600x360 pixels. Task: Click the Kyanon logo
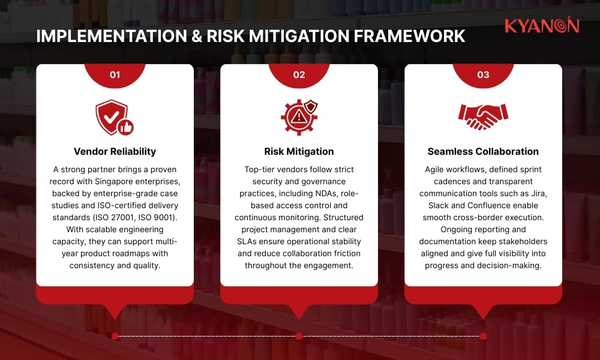pos(541,26)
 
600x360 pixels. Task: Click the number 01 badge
pos(115,75)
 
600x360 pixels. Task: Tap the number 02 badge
pos(299,75)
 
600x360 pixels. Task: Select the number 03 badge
pos(483,75)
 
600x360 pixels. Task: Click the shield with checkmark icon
pos(112,117)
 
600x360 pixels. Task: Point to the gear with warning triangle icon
pos(298,118)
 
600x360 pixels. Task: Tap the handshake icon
pos(483,116)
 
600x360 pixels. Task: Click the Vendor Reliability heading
pos(115,151)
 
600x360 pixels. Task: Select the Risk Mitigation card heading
pos(299,151)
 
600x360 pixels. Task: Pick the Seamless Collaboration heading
pos(483,151)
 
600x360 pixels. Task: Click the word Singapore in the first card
pos(116,181)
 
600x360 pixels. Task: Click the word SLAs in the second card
pos(251,241)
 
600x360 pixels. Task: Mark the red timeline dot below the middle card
pos(299,336)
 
